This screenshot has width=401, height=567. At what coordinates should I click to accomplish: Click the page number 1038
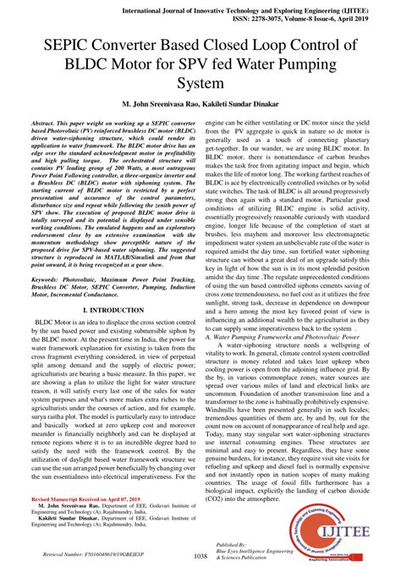click(x=200, y=555)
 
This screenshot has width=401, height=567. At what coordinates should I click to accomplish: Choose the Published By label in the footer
click(x=233, y=542)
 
